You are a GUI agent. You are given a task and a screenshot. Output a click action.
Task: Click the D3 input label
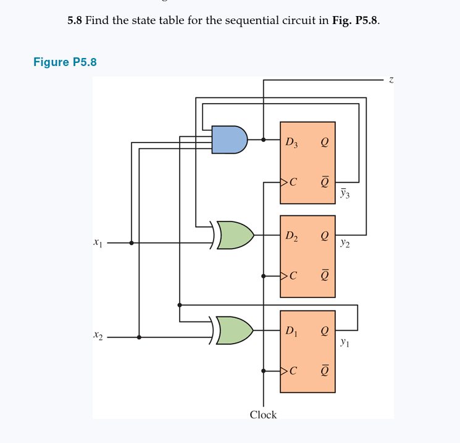291,143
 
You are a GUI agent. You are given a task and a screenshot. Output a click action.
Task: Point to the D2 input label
291,236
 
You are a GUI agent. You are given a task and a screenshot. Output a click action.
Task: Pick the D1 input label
291,331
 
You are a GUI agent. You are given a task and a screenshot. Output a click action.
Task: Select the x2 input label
98,337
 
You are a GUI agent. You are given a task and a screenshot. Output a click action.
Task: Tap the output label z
391,79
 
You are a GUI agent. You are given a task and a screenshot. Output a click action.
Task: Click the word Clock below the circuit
263,415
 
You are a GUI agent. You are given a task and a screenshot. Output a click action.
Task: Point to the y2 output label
345,244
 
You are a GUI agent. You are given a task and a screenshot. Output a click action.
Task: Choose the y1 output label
345,341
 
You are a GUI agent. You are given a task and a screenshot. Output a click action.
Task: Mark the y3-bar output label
345,194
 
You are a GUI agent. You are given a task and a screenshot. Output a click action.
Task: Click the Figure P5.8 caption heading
65,62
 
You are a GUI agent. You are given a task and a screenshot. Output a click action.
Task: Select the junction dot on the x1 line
132,243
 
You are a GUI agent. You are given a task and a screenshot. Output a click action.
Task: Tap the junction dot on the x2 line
139,337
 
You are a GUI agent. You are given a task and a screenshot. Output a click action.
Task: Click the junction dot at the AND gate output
264,139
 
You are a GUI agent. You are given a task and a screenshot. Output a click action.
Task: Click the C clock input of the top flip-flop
292,183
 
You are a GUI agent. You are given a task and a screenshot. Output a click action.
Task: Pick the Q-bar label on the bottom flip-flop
324,371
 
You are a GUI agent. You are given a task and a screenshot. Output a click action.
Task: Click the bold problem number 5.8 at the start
74,20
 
